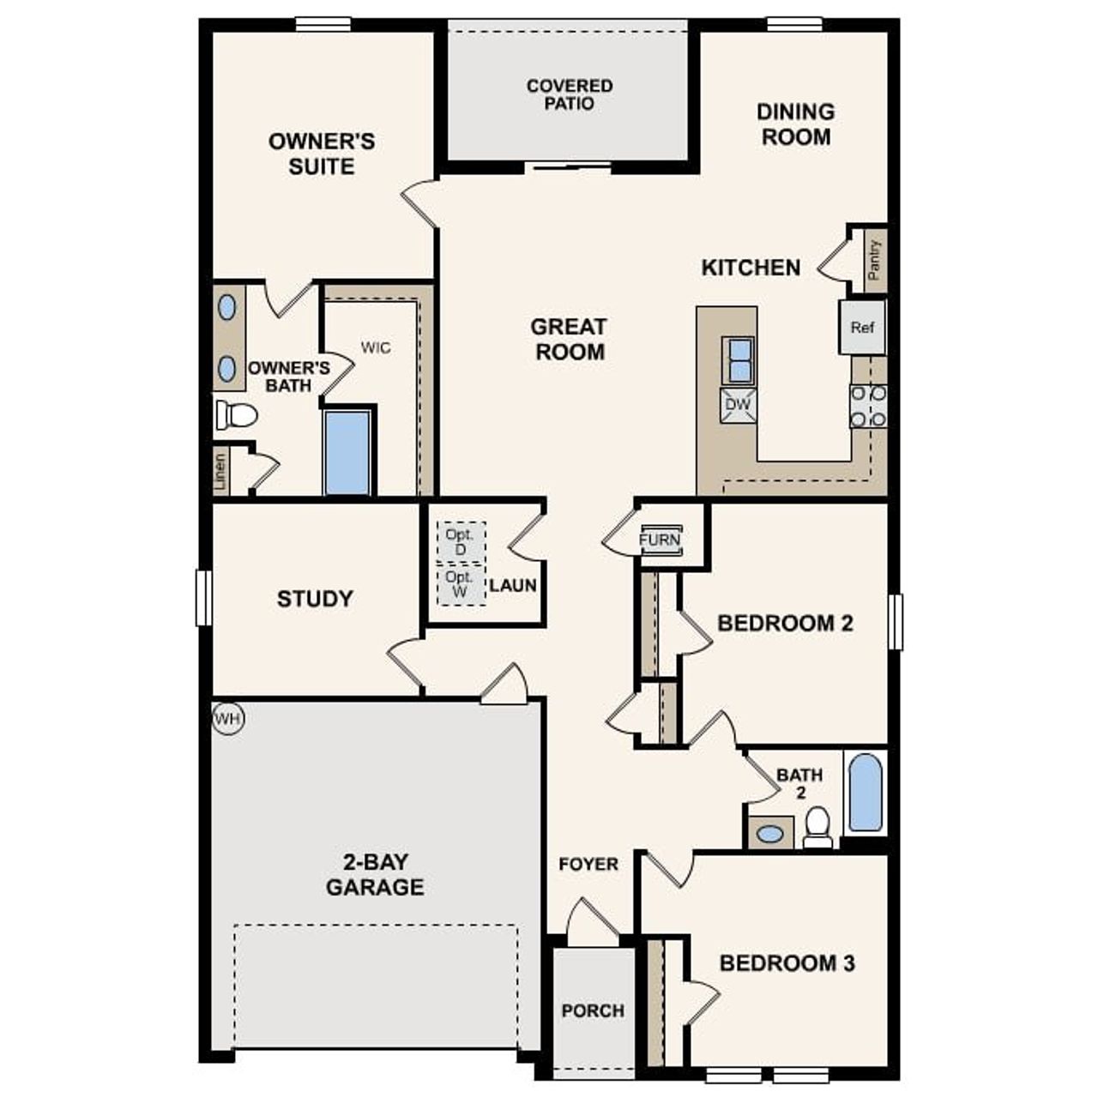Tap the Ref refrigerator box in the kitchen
point(862,327)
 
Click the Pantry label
point(874,260)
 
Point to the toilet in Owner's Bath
point(237,416)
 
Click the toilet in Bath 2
point(818,827)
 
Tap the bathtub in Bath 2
point(865,793)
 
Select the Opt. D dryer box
point(460,542)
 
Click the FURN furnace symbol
point(660,540)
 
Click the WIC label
point(376,347)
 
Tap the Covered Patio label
point(570,94)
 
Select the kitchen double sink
point(738,360)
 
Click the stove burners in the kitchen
point(867,406)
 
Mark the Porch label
point(593,1011)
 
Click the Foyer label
point(588,864)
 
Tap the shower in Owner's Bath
point(348,452)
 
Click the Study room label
point(315,599)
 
